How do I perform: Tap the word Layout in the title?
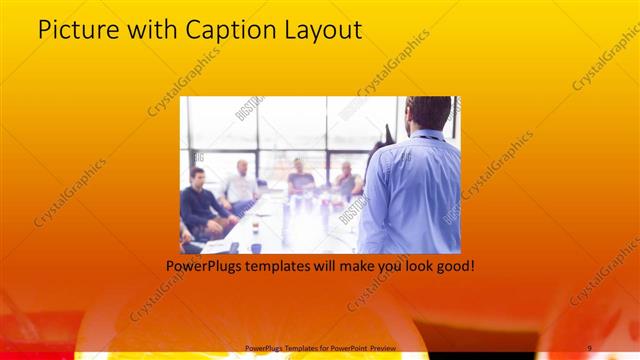(x=325, y=32)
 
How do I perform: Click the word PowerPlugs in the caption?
(x=204, y=267)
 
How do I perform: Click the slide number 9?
(x=589, y=347)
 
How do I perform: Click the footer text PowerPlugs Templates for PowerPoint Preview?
(x=320, y=347)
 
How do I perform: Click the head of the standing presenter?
(x=429, y=113)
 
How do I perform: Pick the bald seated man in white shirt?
(x=241, y=185)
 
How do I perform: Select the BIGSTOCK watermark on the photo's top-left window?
(x=249, y=107)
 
